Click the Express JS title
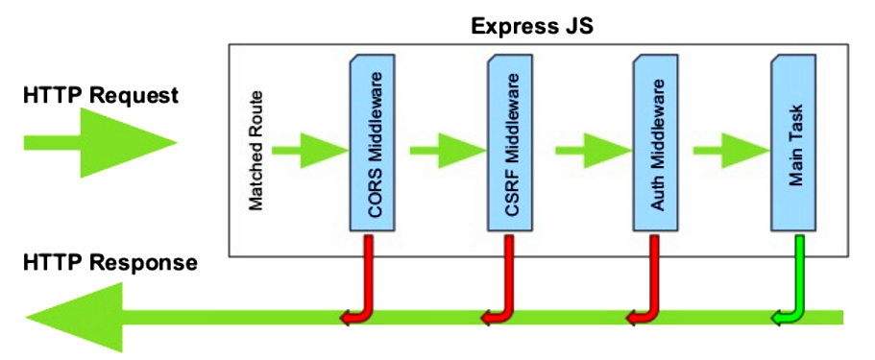[532, 25]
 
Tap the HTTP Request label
[102, 96]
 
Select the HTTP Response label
[110, 262]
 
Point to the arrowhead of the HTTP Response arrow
[72, 317]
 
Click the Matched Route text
[256, 151]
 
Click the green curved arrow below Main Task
[794, 288]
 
